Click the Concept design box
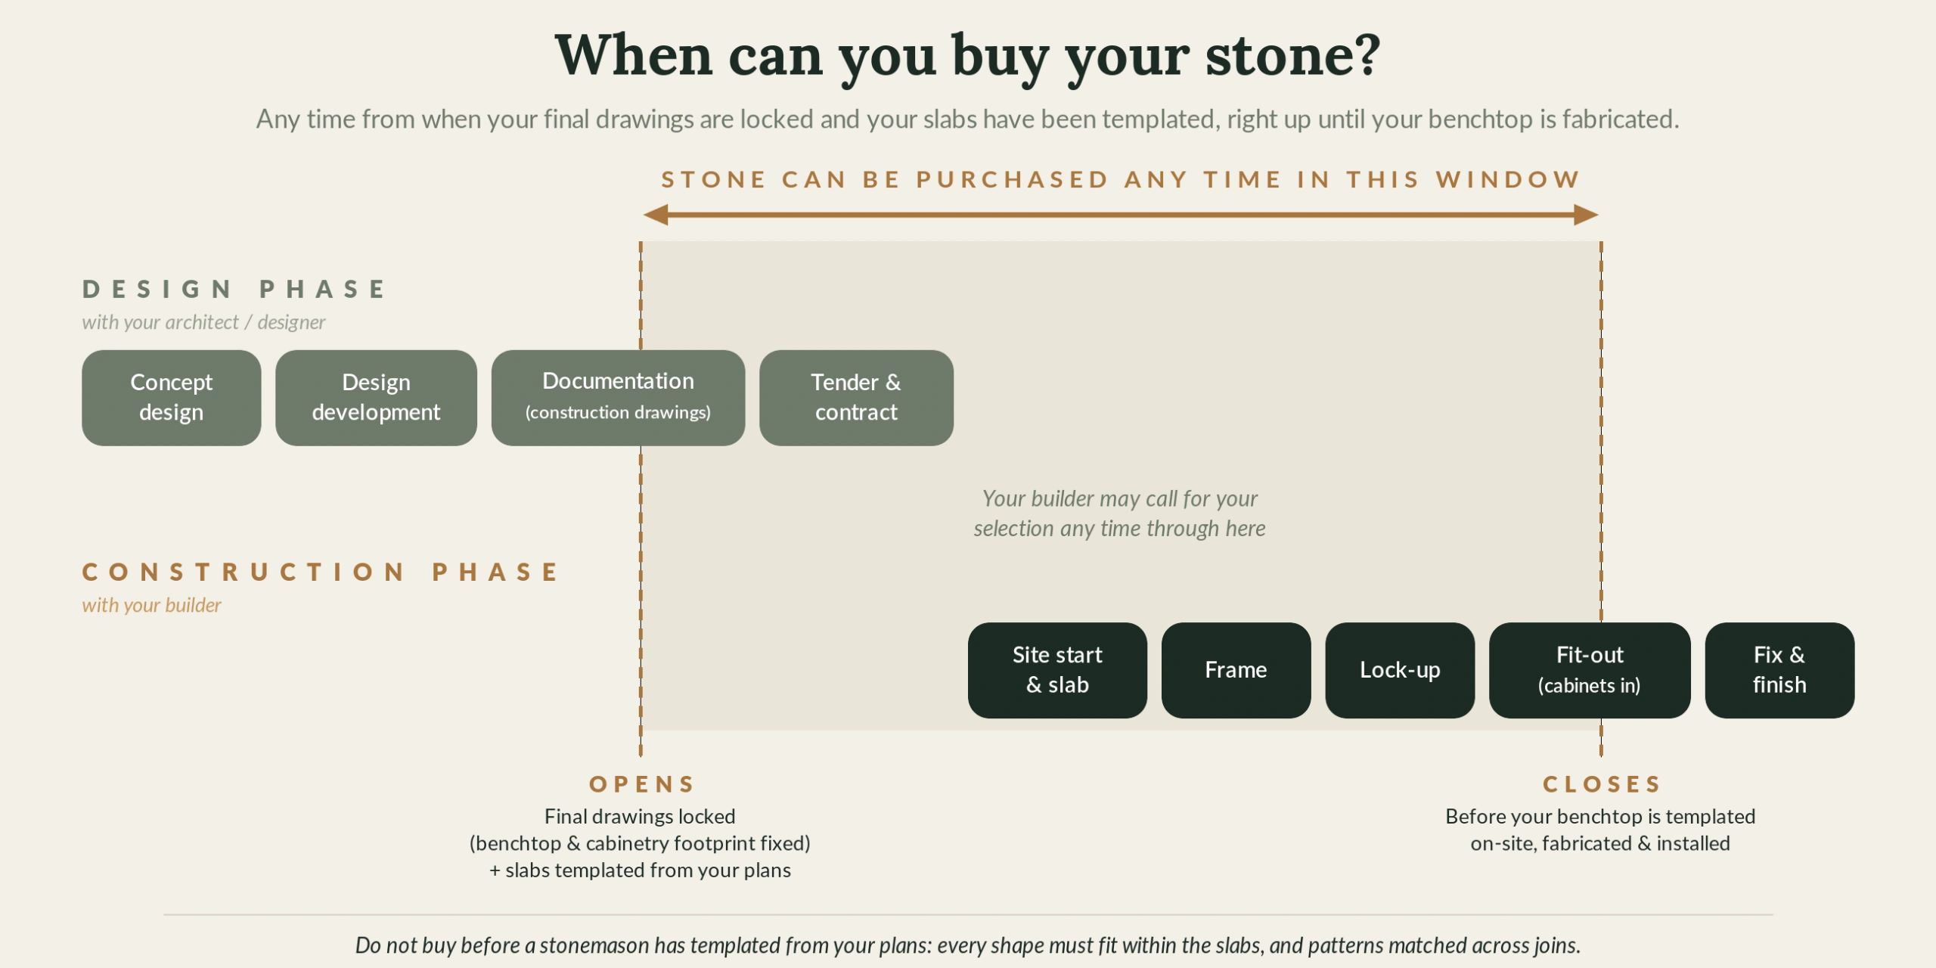pos(172,398)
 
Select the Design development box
pos(376,398)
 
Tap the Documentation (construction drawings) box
pos(618,398)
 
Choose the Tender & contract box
pos(856,398)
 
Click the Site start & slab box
pos(1057,670)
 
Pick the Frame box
pos(1236,670)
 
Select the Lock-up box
pos(1400,670)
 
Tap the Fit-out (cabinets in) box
pos(1590,670)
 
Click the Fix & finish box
pos(1779,670)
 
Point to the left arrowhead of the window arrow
pos(644,215)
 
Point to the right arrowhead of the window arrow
pos(1597,215)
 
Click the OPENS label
pos(642,784)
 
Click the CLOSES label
pos(1602,784)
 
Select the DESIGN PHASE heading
pos(234,289)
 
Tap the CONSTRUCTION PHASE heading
pos(321,572)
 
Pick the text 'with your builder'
pos(151,605)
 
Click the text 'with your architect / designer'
pos(203,322)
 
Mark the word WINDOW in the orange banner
pos(1508,179)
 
